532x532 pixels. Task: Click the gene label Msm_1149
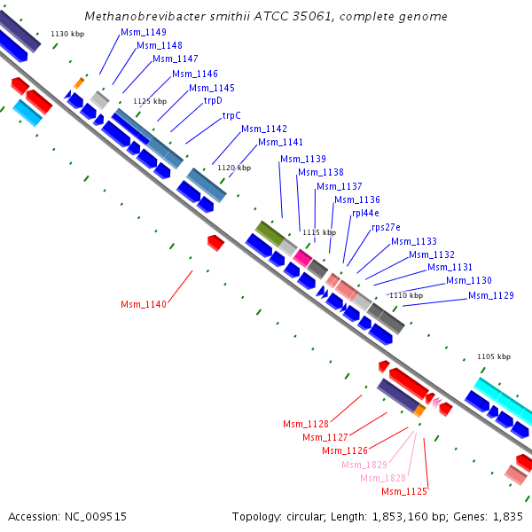coord(144,32)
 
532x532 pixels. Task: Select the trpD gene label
coord(213,101)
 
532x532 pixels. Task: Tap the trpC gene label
coord(231,115)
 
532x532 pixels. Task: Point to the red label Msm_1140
coord(144,304)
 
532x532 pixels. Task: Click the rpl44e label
coord(365,213)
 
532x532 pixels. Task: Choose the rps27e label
coord(386,227)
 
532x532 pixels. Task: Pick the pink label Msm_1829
coord(364,465)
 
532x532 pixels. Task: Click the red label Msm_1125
coord(404,491)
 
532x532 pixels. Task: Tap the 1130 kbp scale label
coord(67,34)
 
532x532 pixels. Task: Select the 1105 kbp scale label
coord(494,356)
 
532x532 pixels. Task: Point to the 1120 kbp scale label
coord(234,168)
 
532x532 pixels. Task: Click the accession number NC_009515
coord(96,517)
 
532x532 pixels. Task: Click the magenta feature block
coord(302,258)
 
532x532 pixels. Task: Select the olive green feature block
coord(270,233)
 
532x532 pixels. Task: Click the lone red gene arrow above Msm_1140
coord(215,243)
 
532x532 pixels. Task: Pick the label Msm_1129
coord(491,295)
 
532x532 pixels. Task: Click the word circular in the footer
coord(304,517)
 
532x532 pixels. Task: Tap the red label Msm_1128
coord(306,424)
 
